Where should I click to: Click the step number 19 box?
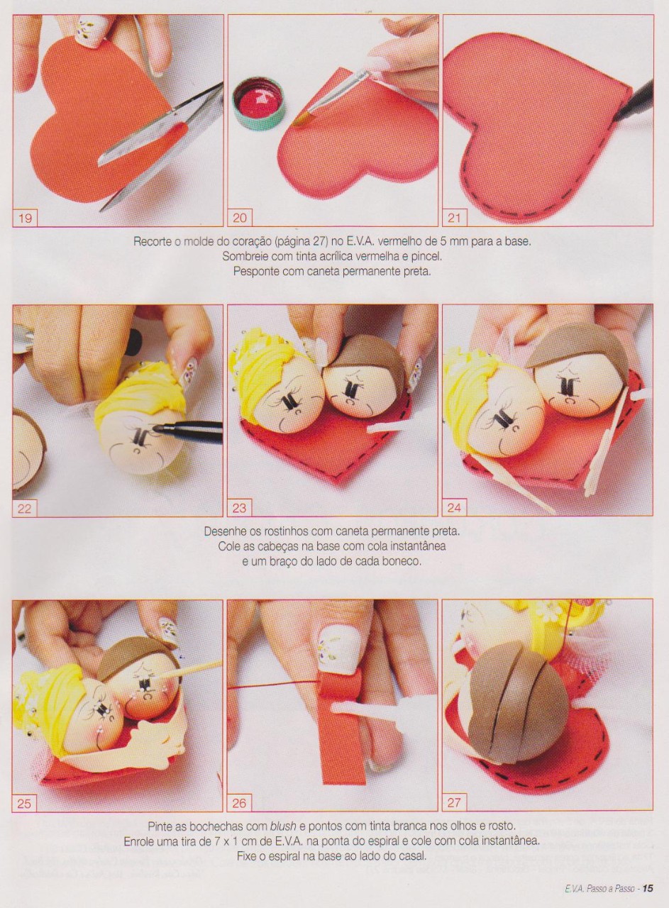tap(25, 218)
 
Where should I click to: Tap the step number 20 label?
tap(240, 218)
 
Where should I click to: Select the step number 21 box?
tap(455, 218)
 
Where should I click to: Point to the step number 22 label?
tap(25, 508)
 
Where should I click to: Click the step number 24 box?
tap(455, 508)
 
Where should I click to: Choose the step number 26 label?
tap(240, 803)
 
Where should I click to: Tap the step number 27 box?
tap(455, 803)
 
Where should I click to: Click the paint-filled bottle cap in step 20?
tap(259, 104)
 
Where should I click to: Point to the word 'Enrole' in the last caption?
tap(139, 841)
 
